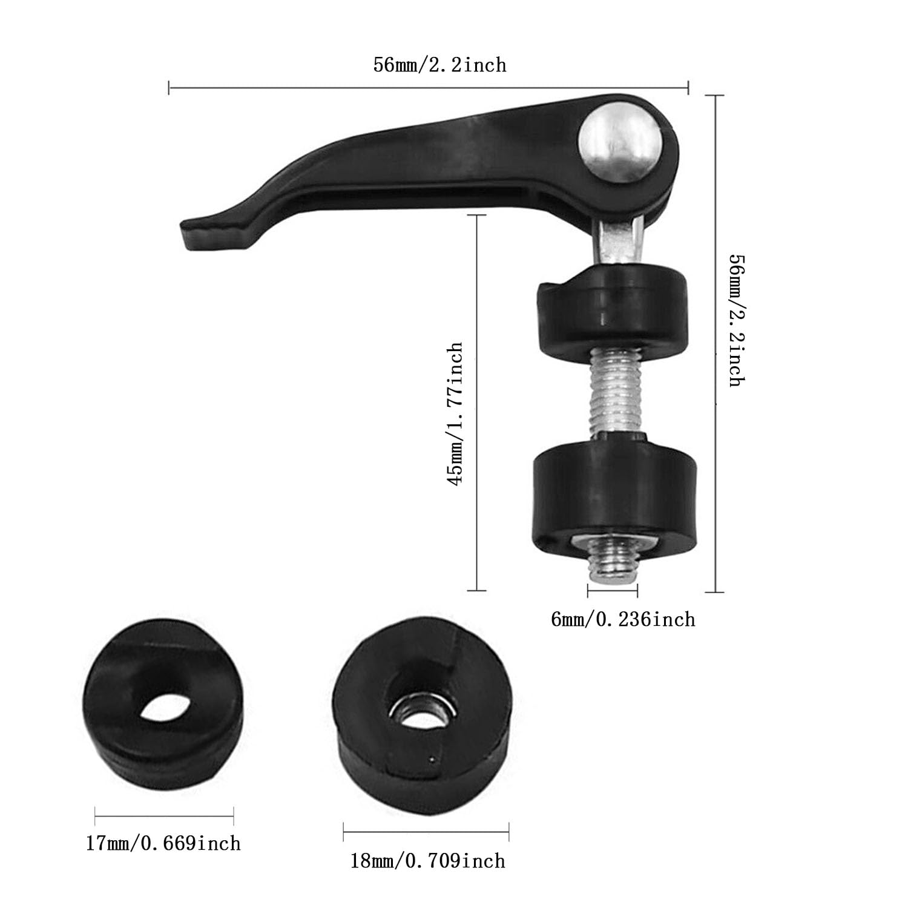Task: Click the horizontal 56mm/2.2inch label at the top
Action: pos(439,64)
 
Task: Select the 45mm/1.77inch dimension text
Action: pos(455,413)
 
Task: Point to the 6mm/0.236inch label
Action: pos(623,619)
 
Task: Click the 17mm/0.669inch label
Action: pos(163,843)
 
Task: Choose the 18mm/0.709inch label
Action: pos(427,860)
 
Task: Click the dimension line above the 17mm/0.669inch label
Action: pos(164,816)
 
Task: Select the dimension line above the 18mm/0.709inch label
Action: pos(426,832)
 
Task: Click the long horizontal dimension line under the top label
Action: pos(428,89)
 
